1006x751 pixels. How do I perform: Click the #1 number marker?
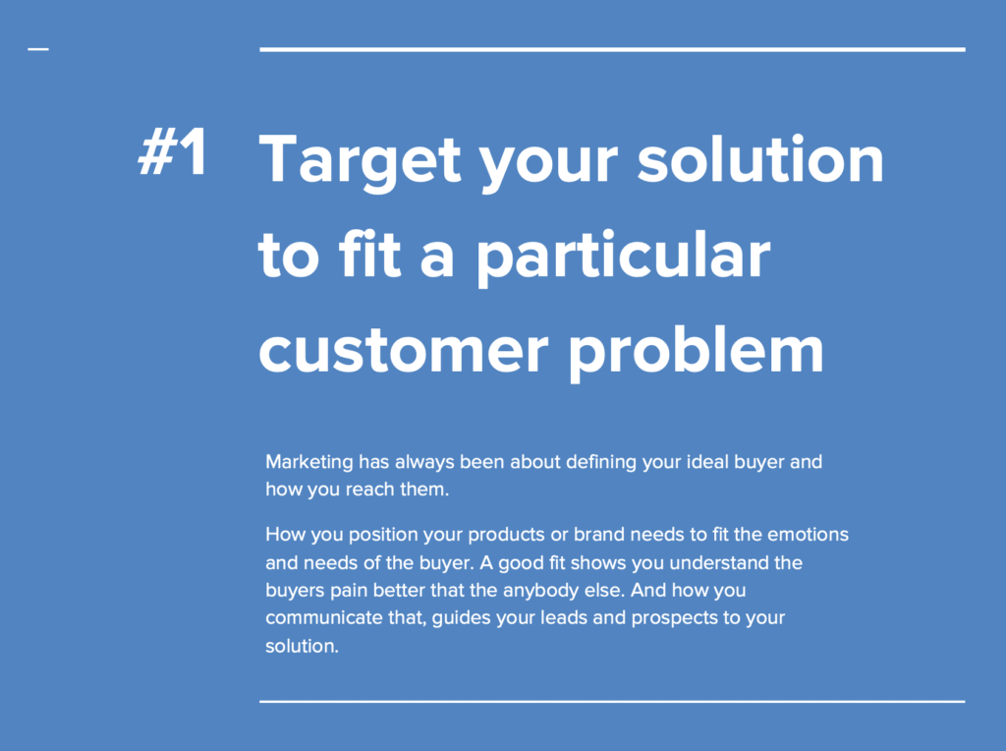[173, 152]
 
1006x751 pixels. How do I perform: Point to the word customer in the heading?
[404, 352]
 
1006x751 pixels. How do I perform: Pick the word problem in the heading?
[697, 351]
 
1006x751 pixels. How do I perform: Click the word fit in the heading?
[369, 254]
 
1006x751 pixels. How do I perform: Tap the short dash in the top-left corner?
[38, 49]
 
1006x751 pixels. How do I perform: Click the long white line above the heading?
[612, 49]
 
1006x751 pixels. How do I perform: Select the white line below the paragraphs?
[612, 702]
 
